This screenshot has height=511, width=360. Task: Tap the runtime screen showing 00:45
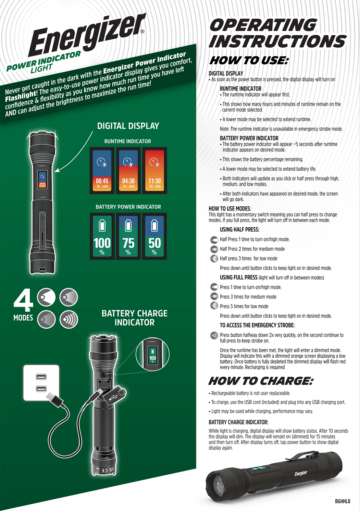[x=102, y=171]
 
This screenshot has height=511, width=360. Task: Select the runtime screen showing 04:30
[x=128, y=171]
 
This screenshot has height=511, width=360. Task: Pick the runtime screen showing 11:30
[x=154, y=171]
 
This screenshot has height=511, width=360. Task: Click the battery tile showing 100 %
[x=102, y=236]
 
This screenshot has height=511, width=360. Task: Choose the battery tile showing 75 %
[x=128, y=236]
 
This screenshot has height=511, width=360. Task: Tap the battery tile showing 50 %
[x=154, y=236]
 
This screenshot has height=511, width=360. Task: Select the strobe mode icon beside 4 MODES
[x=69, y=319]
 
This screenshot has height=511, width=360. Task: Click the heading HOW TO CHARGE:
[x=261, y=381]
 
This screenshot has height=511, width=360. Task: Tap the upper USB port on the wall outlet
[x=41, y=377]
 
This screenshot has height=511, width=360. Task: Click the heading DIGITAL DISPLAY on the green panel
[x=128, y=126]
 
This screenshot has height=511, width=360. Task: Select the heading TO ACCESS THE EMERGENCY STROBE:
[x=257, y=325]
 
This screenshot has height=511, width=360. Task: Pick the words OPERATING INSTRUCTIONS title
[x=278, y=33]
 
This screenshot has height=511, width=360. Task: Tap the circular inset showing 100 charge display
[x=152, y=354]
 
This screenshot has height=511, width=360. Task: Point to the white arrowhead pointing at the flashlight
[x=58, y=170]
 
